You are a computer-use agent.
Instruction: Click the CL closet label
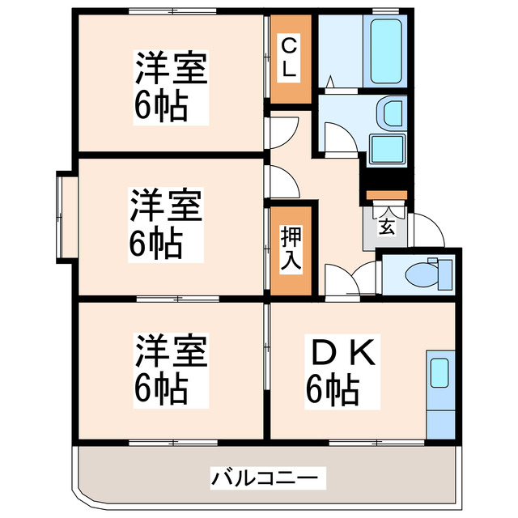(288, 59)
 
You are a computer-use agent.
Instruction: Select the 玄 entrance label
(387, 227)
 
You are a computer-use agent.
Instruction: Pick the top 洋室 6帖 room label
(170, 85)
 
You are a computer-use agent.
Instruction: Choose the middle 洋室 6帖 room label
(167, 223)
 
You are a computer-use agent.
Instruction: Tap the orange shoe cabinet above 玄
(385, 195)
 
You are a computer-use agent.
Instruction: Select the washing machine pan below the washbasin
(388, 150)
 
